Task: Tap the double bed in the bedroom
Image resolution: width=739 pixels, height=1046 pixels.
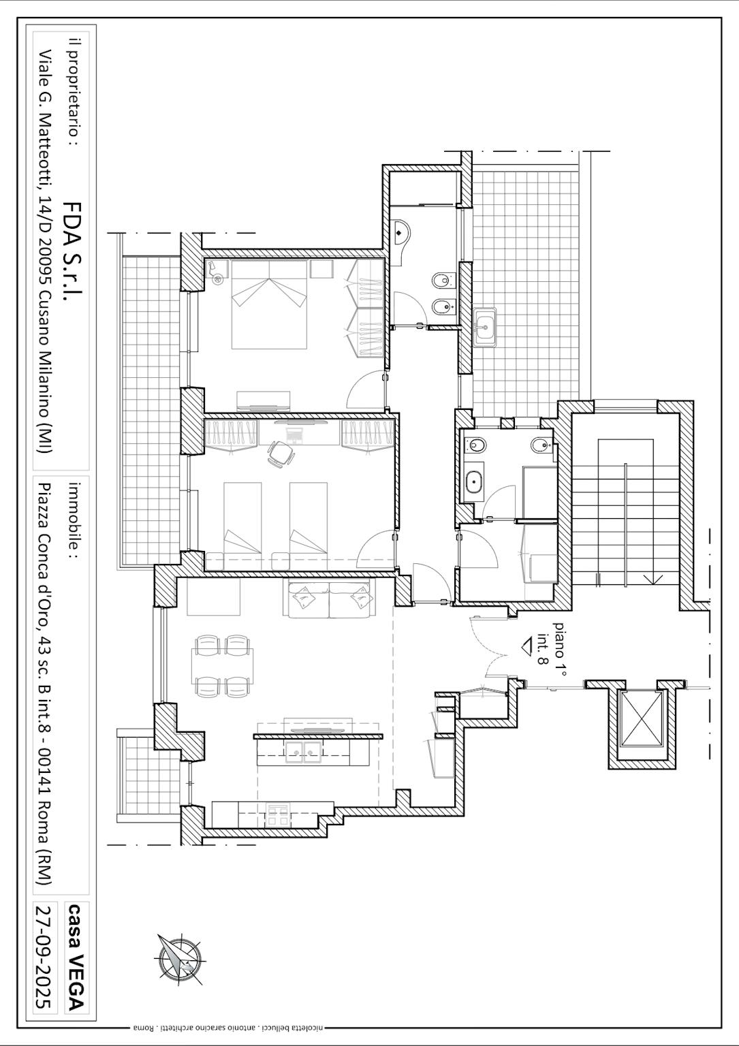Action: point(269,304)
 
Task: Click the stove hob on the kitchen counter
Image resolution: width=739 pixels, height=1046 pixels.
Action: point(277,814)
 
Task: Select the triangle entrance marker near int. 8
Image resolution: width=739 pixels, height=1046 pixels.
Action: point(529,647)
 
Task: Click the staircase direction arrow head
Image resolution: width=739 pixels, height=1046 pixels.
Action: point(652,579)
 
